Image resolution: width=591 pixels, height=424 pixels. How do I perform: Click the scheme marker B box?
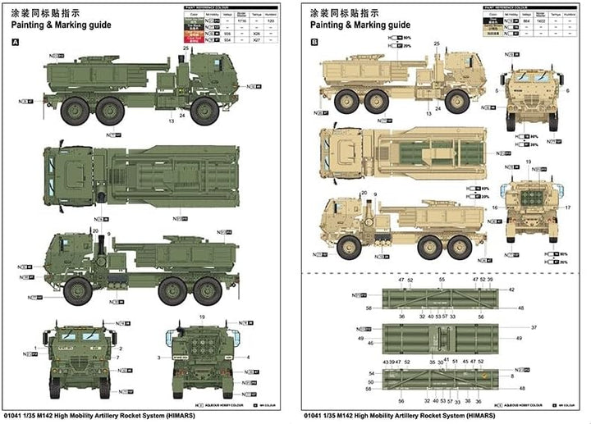[x=314, y=42]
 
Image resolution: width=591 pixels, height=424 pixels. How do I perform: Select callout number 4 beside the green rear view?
[x=245, y=358]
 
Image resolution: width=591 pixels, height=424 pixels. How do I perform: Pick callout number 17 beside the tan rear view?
[x=566, y=208]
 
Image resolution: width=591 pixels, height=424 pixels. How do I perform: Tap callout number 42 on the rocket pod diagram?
[x=511, y=290]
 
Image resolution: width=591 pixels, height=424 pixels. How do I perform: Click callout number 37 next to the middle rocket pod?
[x=511, y=326]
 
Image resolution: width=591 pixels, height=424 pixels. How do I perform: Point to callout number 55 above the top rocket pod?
[x=441, y=280]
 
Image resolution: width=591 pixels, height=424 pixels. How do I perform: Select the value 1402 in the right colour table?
[x=519, y=27]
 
